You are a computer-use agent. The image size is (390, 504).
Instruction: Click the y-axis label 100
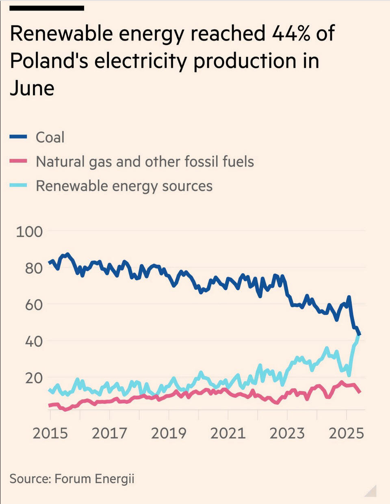click(29, 231)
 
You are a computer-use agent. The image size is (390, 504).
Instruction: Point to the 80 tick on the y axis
click(34, 268)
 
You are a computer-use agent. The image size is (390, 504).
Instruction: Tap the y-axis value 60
click(34, 305)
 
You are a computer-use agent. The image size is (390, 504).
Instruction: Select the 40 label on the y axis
click(34, 341)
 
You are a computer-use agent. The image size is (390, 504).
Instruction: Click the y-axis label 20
click(34, 378)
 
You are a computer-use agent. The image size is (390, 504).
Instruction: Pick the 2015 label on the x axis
click(50, 433)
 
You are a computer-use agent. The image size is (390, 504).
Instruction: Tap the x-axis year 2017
click(109, 433)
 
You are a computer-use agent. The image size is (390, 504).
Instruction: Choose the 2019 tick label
click(169, 433)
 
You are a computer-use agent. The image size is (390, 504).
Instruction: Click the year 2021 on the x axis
click(228, 433)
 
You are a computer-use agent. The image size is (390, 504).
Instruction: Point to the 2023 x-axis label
click(287, 433)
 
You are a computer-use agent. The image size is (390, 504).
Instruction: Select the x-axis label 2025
click(346, 433)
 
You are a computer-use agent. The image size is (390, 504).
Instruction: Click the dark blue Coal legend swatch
click(18, 137)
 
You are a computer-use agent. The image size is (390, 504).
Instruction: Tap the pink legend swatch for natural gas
click(18, 161)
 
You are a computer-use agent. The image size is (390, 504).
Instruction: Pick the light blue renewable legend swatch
click(18, 186)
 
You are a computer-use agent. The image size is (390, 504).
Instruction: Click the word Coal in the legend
click(50, 137)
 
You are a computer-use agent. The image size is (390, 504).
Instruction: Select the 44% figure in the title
click(291, 33)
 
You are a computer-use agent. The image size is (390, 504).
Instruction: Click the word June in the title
click(32, 89)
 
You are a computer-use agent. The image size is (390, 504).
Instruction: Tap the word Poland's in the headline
click(48, 61)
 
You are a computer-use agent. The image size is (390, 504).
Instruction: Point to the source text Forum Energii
click(94, 478)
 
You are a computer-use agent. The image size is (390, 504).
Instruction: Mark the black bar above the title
click(47, 8)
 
